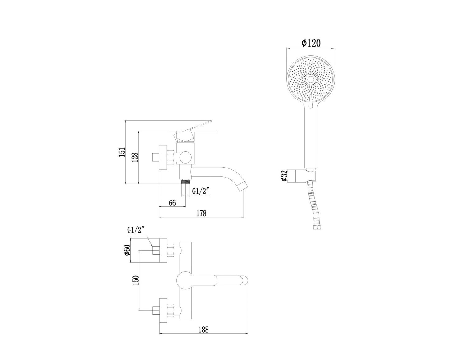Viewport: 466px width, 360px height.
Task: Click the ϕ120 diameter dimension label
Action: click(x=311, y=43)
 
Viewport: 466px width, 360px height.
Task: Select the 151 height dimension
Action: click(x=122, y=152)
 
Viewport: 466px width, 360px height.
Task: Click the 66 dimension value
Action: click(x=172, y=203)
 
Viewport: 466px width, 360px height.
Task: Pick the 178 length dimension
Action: click(x=201, y=213)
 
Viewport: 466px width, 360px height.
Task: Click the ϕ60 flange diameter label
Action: click(x=127, y=250)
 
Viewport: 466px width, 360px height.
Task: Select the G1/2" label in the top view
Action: click(x=136, y=230)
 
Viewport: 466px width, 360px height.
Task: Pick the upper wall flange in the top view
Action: click(x=163, y=251)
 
